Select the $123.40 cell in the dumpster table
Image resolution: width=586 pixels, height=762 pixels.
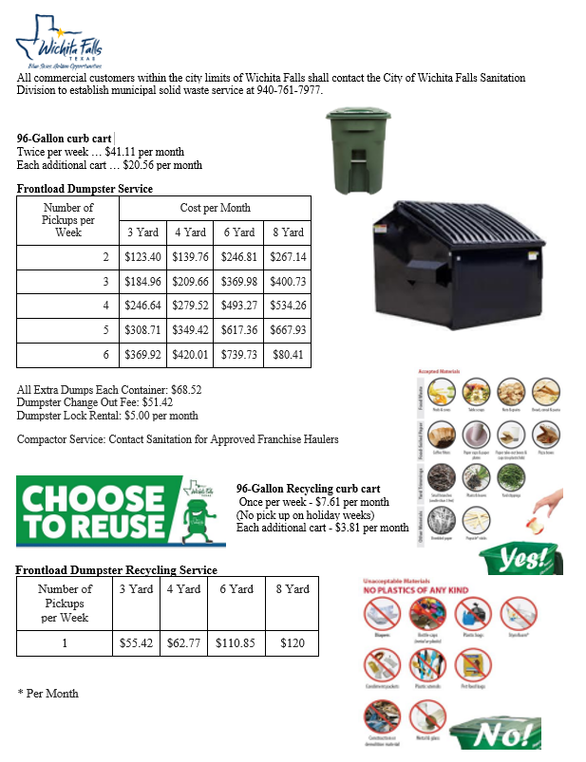142,257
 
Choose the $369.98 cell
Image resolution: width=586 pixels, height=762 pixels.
238,282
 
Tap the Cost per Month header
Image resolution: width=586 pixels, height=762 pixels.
216,208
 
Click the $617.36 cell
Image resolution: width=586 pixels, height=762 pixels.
238,330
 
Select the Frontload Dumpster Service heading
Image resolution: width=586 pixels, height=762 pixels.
85,189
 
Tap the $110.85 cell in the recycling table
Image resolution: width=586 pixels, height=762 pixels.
236,642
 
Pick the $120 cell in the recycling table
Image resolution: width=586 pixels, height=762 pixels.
292,642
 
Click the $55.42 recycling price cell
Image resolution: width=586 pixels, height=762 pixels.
137,642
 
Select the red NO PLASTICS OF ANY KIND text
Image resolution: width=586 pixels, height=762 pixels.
416,589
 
